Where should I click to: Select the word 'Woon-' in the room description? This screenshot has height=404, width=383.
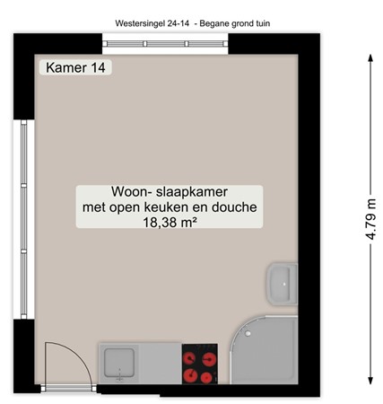coord(132,192)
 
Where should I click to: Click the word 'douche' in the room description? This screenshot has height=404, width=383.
coord(236,207)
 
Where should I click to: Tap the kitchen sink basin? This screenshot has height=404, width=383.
coord(118,364)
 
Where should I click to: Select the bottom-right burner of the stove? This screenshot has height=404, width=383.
coord(212,373)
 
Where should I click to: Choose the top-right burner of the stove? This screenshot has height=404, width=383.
coord(212,356)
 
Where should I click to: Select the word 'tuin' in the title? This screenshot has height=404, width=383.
coord(259,22)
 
